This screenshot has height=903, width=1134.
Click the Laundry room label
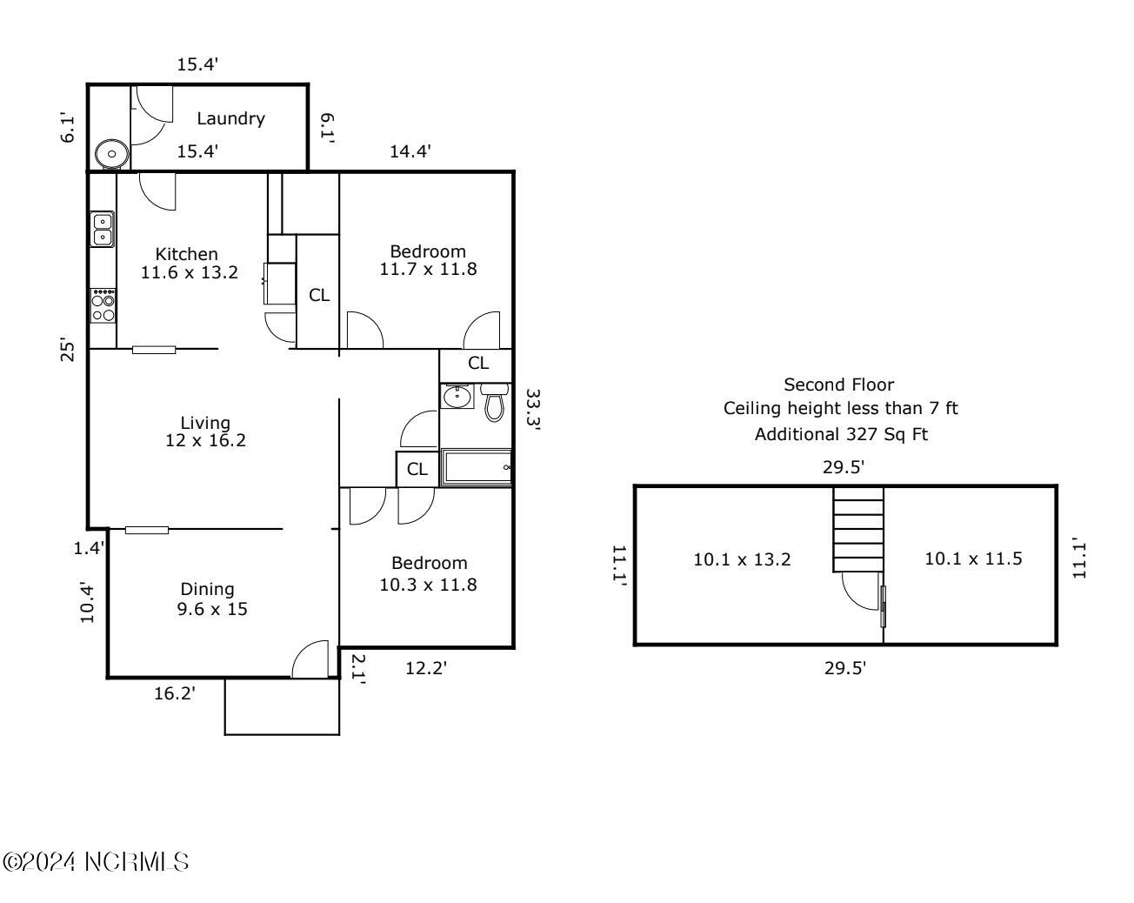230,119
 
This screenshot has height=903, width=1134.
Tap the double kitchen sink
103,229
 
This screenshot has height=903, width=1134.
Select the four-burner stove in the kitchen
103,305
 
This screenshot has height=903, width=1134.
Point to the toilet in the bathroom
494,403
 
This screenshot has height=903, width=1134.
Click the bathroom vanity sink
457,396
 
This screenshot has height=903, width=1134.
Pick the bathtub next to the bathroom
476,467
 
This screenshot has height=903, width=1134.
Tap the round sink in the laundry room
111,154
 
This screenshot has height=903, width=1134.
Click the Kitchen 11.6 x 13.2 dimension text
189,263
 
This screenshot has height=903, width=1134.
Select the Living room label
205,423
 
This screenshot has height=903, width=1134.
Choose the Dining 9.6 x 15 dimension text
211,599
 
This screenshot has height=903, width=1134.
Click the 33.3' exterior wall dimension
533,410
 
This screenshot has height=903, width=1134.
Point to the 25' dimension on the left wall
68,349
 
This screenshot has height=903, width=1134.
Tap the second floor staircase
857,529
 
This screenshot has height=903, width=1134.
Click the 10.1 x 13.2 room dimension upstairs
742,559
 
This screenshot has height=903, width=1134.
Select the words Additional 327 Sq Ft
841,434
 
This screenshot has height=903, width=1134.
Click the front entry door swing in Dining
310,659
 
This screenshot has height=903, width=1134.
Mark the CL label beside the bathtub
417,469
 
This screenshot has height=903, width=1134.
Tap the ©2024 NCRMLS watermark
96,862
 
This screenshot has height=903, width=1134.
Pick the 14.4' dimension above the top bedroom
410,152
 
